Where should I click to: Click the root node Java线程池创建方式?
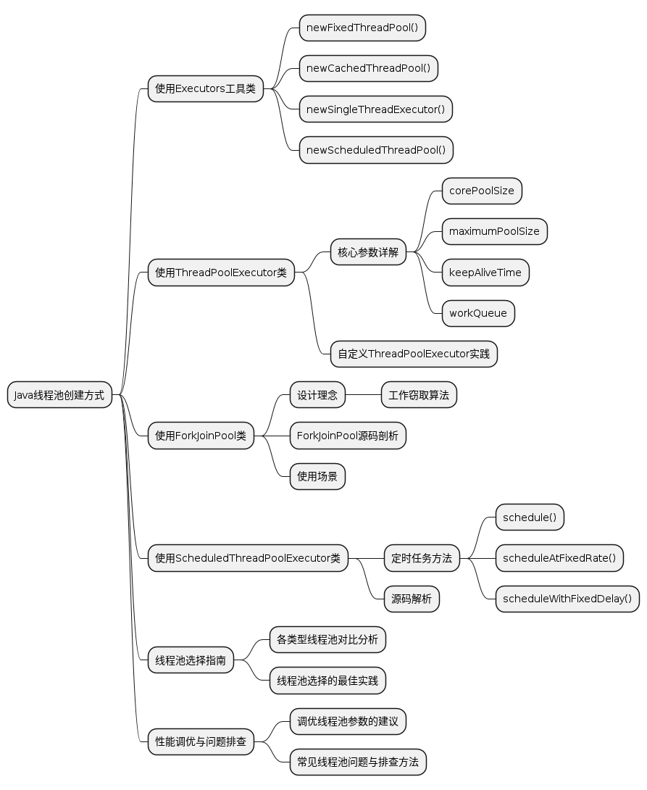click(x=59, y=396)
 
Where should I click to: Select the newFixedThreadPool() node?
click(x=362, y=28)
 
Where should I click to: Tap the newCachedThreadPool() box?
click(x=368, y=69)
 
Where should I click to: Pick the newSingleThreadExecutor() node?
click(x=375, y=109)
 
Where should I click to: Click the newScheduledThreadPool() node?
click(x=376, y=150)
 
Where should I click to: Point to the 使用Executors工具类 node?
click(x=205, y=89)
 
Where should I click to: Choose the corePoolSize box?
click(x=482, y=191)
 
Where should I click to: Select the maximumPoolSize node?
click(x=494, y=232)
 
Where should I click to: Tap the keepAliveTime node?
click(x=485, y=273)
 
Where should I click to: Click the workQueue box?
click(x=479, y=313)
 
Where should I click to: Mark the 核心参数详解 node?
click(x=368, y=252)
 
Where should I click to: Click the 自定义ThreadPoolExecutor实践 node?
click(x=414, y=354)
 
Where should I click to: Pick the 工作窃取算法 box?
click(x=419, y=396)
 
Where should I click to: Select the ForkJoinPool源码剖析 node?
click(x=348, y=436)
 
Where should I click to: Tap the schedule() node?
click(x=530, y=517)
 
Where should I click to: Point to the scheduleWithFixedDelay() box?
click(x=567, y=599)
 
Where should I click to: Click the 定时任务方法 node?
click(x=422, y=559)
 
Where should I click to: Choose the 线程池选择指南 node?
click(x=191, y=660)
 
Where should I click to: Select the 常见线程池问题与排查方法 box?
click(x=358, y=762)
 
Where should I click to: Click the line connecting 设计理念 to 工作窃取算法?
click(x=363, y=396)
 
